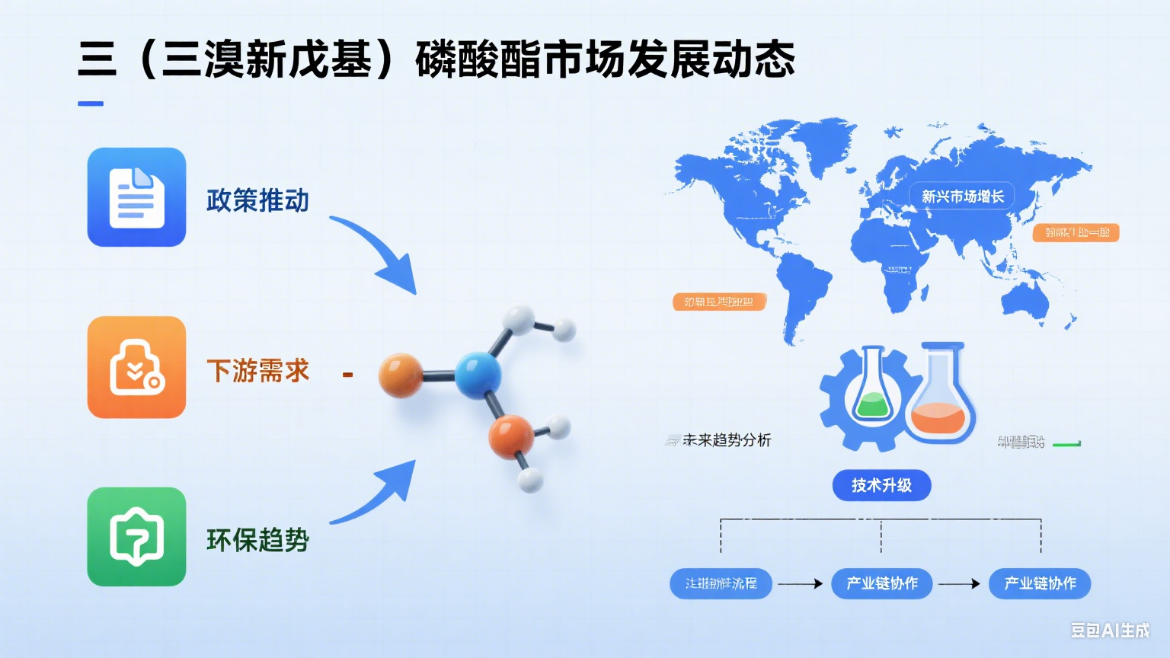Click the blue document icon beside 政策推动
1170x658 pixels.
[136, 197]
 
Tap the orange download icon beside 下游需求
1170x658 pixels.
[136, 367]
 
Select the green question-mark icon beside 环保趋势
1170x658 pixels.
[136, 537]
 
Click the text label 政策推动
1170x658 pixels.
[257, 201]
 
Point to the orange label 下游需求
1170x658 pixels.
[257, 371]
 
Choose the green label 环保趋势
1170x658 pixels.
[257, 540]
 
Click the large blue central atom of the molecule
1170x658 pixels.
[478, 375]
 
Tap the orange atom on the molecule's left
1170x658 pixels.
[401, 375]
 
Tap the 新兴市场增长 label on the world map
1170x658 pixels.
[962, 196]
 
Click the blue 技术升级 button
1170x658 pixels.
[881, 485]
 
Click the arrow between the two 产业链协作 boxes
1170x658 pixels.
[959, 584]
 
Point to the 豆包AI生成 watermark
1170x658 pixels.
[1110, 630]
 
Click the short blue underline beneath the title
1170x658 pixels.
[91, 104]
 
